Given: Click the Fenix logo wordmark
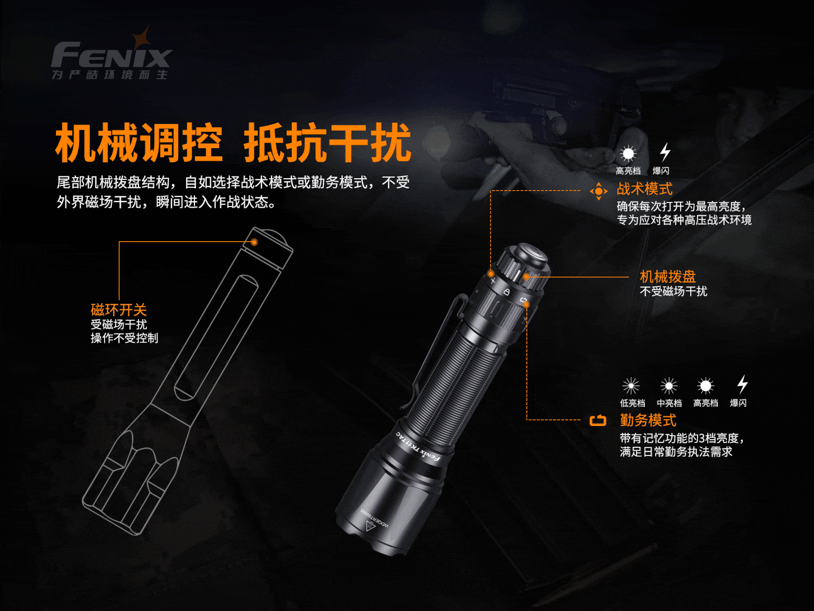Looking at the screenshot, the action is [x=111, y=55].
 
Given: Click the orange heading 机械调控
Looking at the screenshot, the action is [x=139, y=143].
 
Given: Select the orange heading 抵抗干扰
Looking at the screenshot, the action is [x=328, y=143].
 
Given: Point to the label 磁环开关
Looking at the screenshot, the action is [x=119, y=310].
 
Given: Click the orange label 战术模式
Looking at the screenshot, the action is [x=644, y=189].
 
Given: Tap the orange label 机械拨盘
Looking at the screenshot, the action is [x=668, y=277].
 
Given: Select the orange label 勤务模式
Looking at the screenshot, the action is [x=648, y=420].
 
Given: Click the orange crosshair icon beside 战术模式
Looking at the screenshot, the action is [x=599, y=191].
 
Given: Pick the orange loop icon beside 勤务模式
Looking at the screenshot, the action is [x=598, y=421].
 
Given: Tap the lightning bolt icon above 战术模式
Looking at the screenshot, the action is [x=665, y=152].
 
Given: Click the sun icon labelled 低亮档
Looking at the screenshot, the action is [x=631, y=386].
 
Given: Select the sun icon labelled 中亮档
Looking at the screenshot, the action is [x=669, y=386].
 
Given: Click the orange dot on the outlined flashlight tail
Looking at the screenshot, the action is [x=254, y=242].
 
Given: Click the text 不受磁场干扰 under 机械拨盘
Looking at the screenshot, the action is [x=673, y=291].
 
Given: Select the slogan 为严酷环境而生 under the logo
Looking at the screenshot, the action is [x=110, y=75].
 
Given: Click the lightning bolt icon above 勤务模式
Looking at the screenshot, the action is [x=742, y=384].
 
